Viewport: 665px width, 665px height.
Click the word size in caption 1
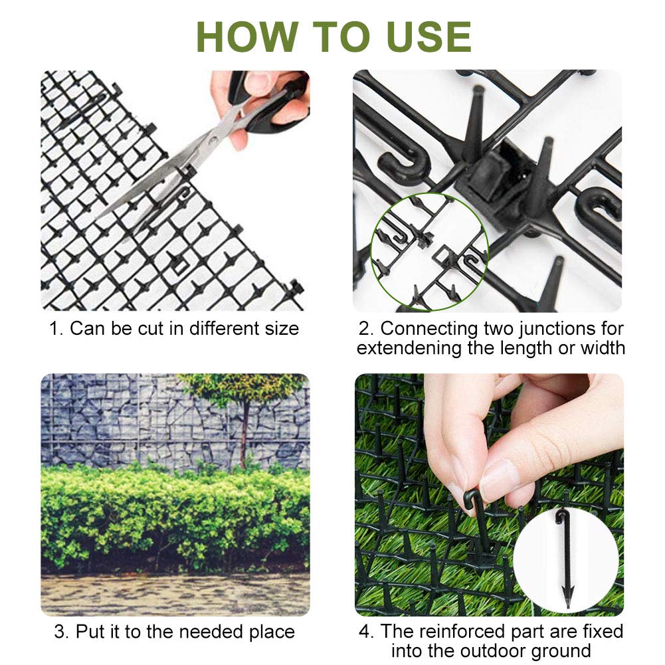[x=282, y=329]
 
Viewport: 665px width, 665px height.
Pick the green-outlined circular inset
[x=430, y=252]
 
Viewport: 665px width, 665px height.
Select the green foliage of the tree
[x=244, y=388]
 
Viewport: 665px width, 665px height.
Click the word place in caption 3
[x=272, y=632]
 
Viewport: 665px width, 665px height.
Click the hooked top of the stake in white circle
[x=561, y=518]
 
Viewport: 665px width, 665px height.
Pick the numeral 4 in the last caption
[x=364, y=632]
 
